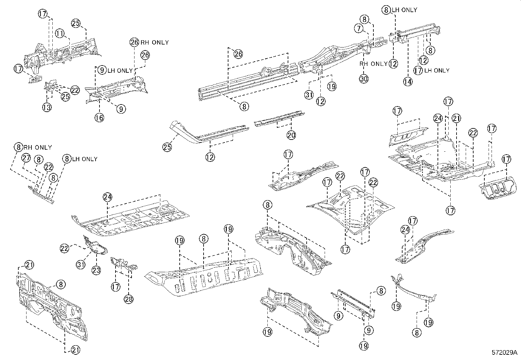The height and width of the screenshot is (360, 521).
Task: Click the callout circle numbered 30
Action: tap(364, 79)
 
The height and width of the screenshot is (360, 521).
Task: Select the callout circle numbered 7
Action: tap(359, 29)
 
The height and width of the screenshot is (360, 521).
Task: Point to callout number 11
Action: tap(59, 33)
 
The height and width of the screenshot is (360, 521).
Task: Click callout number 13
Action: tap(47, 107)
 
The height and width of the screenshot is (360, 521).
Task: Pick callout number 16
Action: tap(99, 117)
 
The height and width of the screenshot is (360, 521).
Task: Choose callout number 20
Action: tap(291, 135)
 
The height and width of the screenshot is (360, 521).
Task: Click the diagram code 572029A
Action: tap(504, 353)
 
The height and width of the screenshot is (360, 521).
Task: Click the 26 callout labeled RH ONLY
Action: tap(135, 42)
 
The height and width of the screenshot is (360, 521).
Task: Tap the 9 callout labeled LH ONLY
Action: tap(102, 70)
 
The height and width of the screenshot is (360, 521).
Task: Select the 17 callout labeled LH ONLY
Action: tap(418, 70)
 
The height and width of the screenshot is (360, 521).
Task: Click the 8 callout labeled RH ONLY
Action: tap(18, 147)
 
